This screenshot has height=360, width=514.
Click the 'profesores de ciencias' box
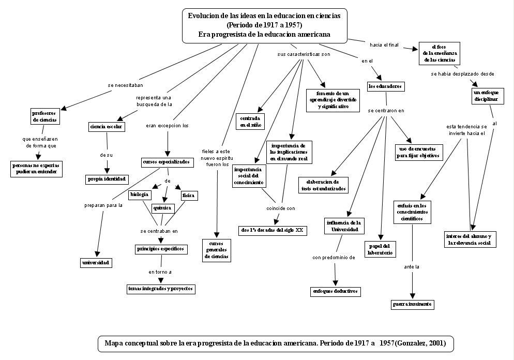[44, 116]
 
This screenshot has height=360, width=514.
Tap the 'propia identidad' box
[107, 179]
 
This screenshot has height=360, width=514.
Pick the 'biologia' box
[140, 195]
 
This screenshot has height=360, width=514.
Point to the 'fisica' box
[189, 196]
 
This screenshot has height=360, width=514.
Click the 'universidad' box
[96, 263]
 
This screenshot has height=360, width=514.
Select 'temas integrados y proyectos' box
[161, 289]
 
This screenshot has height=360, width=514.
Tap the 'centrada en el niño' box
[250, 122]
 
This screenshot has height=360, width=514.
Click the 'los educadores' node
[385, 86]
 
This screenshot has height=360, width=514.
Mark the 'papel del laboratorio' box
[381, 249]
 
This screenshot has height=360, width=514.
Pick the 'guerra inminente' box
[412, 304]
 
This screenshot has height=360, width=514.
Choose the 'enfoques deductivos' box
[335, 291]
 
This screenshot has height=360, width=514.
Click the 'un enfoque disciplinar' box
[486, 96]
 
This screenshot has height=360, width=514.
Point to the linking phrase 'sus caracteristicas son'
[304, 54]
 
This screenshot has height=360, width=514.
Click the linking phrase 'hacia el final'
[384, 45]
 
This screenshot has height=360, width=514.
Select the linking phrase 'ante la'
[412, 267]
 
